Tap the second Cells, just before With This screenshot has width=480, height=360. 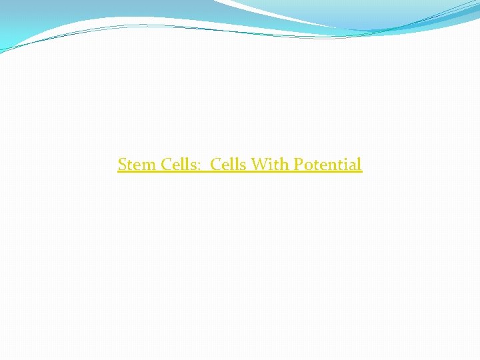(x=230, y=164)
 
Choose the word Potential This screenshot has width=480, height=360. (x=326, y=164)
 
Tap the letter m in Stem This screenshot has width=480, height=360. (x=149, y=165)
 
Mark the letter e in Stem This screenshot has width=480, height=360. (x=138, y=165)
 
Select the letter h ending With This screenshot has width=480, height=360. (x=283, y=164)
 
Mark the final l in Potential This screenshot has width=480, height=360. (x=359, y=164)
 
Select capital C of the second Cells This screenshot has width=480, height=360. (x=216, y=164)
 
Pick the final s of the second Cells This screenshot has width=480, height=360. (x=245, y=165)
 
